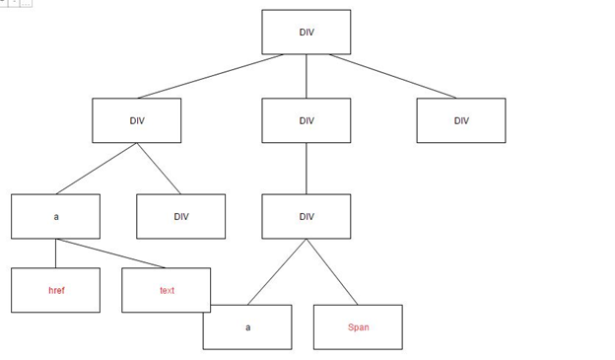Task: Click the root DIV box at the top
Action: [x=306, y=33]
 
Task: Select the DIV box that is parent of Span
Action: [x=306, y=216]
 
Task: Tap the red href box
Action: [x=55, y=290]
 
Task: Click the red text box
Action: [x=167, y=290]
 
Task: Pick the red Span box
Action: [x=358, y=326]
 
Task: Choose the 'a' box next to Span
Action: [x=247, y=326]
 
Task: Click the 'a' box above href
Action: [x=55, y=216]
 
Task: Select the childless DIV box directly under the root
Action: [x=460, y=120]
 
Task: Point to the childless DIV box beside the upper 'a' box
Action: [x=180, y=216]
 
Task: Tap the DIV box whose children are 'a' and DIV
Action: [x=136, y=120]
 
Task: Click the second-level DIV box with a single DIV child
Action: [x=306, y=120]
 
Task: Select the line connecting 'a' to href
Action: [x=55, y=253]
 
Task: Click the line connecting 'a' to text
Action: [x=110, y=253]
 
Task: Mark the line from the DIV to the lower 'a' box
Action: [x=277, y=272]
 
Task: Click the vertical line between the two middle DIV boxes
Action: [x=306, y=169]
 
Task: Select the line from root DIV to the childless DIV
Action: [x=392, y=76]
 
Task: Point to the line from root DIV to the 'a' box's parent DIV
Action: [x=211, y=76]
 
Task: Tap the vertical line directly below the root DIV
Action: [x=306, y=77]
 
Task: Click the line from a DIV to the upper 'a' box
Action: [x=97, y=169]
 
